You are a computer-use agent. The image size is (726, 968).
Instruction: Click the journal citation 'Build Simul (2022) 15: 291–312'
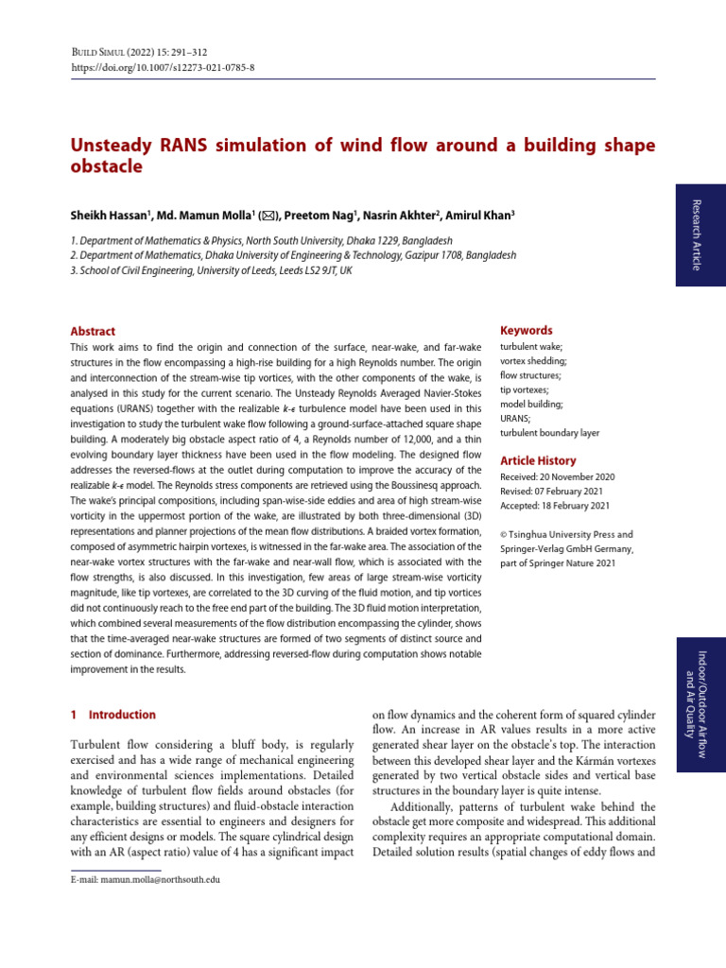143,52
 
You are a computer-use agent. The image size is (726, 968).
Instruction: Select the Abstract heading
93,332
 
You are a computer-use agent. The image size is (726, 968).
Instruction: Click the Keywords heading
526,331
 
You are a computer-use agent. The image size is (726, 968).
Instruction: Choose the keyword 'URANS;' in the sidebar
515,418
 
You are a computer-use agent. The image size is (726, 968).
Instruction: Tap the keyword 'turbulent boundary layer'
549,432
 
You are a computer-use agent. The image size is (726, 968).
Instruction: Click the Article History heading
537,460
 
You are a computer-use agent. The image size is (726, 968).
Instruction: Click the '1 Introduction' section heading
113,715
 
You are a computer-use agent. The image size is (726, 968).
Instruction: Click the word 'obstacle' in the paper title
107,167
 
